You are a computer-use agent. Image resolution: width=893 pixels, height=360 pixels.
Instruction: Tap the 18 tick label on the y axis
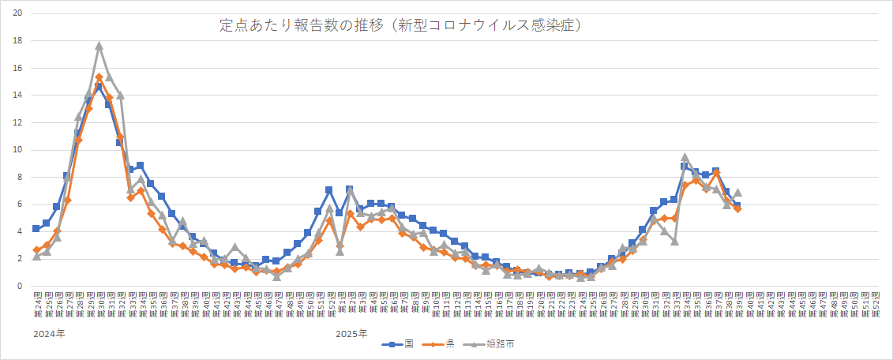[17, 40]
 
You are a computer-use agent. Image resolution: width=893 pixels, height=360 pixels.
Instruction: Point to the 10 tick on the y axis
[17, 150]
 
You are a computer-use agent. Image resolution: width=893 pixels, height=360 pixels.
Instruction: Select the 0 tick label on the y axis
[20, 287]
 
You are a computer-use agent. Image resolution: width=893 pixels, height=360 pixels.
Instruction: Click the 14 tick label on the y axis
[17, 95]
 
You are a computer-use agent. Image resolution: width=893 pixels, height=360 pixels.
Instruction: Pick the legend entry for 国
[399, 343]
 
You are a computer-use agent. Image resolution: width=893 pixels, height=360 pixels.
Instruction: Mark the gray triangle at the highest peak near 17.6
[99, 46]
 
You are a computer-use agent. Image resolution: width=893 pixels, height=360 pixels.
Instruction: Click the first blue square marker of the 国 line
[36, 229]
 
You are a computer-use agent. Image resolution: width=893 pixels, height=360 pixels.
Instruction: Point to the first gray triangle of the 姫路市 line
[36, 256]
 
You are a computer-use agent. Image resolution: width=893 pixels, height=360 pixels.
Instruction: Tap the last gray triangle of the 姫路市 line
[737, 192]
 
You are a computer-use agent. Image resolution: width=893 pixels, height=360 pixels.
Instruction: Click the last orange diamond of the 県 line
[737, 208]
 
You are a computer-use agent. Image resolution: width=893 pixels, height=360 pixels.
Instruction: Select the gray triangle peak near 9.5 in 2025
[685, 157]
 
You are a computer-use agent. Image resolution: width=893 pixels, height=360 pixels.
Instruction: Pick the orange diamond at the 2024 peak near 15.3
[99, 77]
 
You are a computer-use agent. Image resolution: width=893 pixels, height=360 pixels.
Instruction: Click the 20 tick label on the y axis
[17, 13]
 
